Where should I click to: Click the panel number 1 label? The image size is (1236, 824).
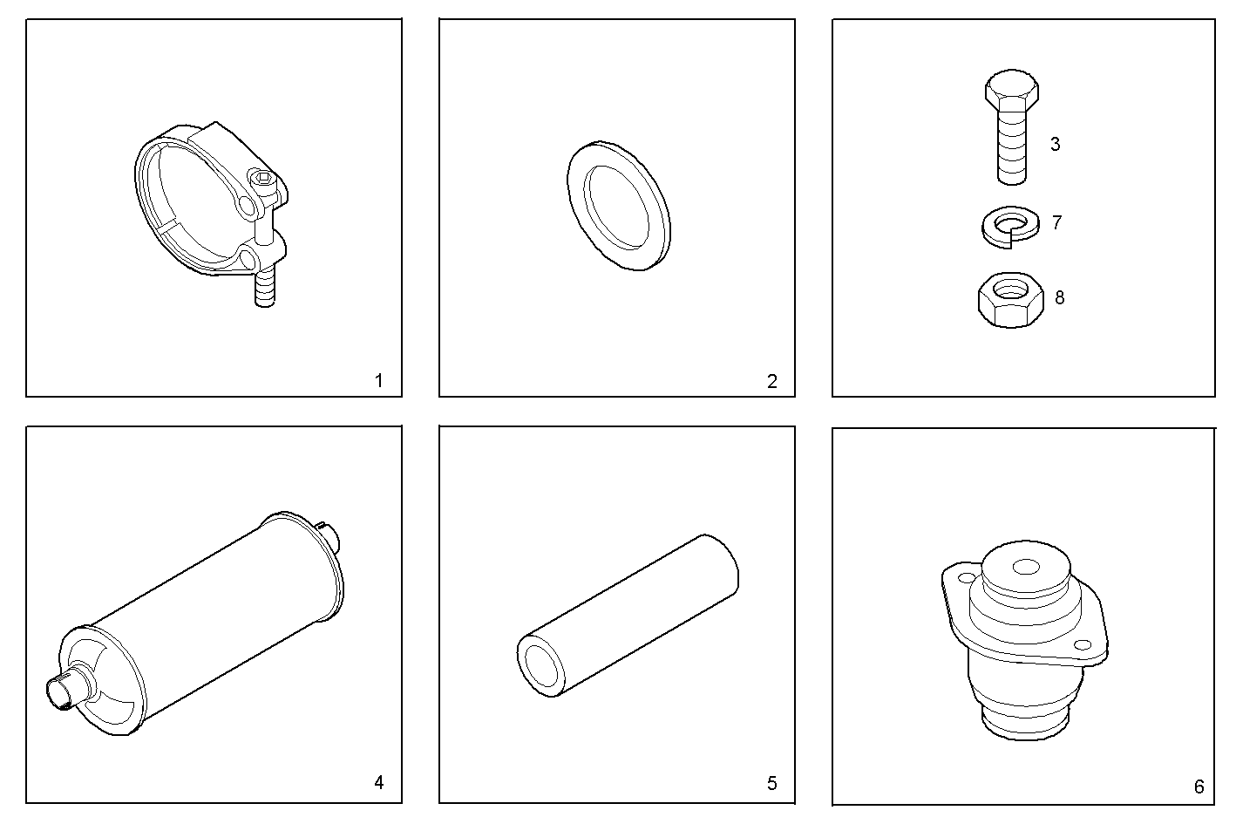pyautogui.click(x=378, y=381)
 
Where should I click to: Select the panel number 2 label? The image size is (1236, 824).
pyautogui.click(x=772, y=381)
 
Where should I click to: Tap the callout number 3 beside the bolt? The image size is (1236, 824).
pyautogui.click(x=1055, y=144)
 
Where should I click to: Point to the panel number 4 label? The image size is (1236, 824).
pyautogui.click(x=378, y=782)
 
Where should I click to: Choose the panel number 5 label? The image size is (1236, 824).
pyautogui.click(x=772, y=783)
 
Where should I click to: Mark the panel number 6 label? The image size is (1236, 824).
pyautogui.click(x=1199, y=787)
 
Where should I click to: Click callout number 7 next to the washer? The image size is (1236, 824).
pyautogui.click(x=1056, y=222)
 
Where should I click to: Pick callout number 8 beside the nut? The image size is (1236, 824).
pyautogui.click(x=1059, y=298)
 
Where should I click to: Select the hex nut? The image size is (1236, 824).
pyautogui.click(x=1011, y=300)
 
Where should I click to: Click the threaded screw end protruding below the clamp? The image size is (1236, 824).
pyautogui.click(x=265, y=288)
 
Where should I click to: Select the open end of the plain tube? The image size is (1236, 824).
pyautogui.click(x=541, y=665)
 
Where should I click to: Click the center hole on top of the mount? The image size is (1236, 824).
pyautogui.click(x=1026, y=566)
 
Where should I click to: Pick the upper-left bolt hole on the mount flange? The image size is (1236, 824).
pyautogui.click(x=966, y=578)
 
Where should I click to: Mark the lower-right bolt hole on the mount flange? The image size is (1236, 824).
pyautogui.click(x=1083, y=644)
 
